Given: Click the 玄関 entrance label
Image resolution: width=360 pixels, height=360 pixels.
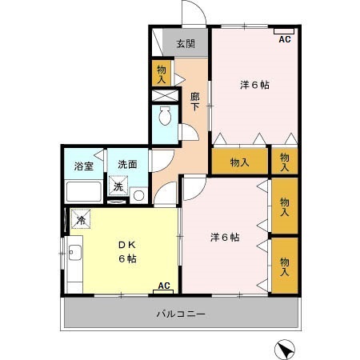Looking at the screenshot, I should (x=186, y=44).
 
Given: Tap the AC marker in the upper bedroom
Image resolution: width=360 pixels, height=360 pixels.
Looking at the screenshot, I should (x=285, y=38).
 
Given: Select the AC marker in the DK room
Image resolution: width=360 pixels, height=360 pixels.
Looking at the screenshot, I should (x=164, y=286).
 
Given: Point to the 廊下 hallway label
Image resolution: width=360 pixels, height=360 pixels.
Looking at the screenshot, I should (x=195, y=102).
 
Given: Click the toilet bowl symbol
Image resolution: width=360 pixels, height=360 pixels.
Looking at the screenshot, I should (x=166, y=118).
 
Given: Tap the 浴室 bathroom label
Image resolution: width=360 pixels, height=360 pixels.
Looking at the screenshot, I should (x=83, y=166).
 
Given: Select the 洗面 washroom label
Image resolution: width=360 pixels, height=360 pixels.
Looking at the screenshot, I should (x=128, y=166).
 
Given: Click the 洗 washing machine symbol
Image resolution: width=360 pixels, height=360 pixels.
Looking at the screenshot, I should (x=118, y=187).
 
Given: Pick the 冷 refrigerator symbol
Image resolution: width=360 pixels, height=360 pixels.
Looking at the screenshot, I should (x=81, y=218).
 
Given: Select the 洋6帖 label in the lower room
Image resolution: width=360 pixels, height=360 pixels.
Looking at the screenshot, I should (x=225, y=237).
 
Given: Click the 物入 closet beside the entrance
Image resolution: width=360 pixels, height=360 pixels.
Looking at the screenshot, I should (x=161, y=74).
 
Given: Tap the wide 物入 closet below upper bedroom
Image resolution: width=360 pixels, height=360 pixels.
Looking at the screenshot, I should (x=239, y=162).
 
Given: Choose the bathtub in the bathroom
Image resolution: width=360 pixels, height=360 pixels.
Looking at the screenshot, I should (x=82, y=191).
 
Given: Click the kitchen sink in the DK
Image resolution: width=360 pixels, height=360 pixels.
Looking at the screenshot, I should (x=74, y=255).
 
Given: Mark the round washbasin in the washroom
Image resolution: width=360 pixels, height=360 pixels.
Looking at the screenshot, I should (x=138, y=194).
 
